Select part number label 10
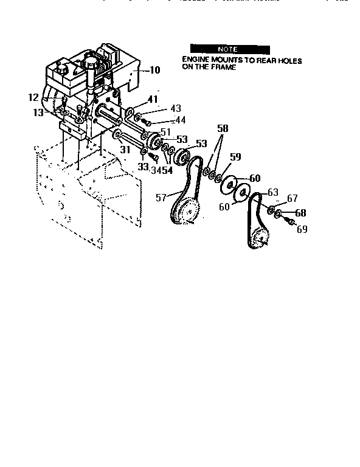[154, 71]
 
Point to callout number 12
[33, 97]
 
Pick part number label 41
[153, 99]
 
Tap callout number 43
[176, 108]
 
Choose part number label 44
[179, 120]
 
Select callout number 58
[223, 130]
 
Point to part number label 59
[235, 156]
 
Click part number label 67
[292, 199]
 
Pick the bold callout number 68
[300, 213]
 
